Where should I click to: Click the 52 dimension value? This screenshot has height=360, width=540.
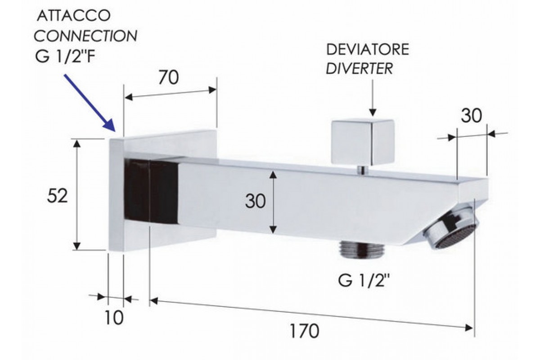[58, 196]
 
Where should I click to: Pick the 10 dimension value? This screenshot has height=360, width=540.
[115, 318]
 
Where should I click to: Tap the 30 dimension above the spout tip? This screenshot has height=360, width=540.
[471, 116]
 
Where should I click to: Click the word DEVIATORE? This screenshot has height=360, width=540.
[367, 50]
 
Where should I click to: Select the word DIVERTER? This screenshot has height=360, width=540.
[360, 68]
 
